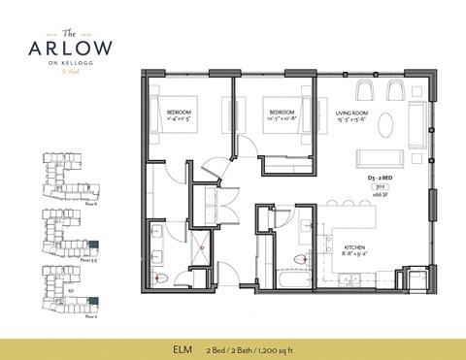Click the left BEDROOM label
178,115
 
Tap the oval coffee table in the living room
386,125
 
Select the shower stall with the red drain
201,244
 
